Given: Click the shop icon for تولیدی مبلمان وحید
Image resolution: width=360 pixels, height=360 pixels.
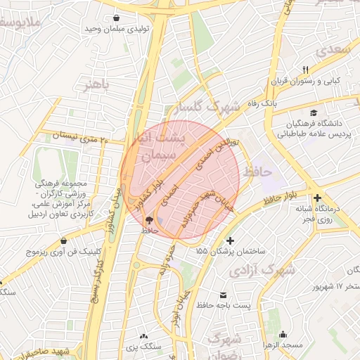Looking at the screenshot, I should coord(116,19).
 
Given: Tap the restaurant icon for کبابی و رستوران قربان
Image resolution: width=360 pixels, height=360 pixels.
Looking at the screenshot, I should coord(305,70).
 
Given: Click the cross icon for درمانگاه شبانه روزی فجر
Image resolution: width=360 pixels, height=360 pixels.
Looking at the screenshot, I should coord(318,198).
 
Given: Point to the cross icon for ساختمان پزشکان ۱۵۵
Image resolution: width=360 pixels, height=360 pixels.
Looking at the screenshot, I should coord(230,241).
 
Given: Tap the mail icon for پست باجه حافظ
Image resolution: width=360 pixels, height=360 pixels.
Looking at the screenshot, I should coord(224,295).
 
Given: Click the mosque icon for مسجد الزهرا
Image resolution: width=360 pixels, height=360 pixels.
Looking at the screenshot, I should coord(283,335).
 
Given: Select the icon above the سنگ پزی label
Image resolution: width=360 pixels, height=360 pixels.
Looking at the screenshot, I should coord(145,336).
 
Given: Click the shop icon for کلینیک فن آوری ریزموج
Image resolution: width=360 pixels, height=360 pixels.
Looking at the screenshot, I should coord(64,240).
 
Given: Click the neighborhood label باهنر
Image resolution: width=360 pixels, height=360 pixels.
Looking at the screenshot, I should coord(97,84).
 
